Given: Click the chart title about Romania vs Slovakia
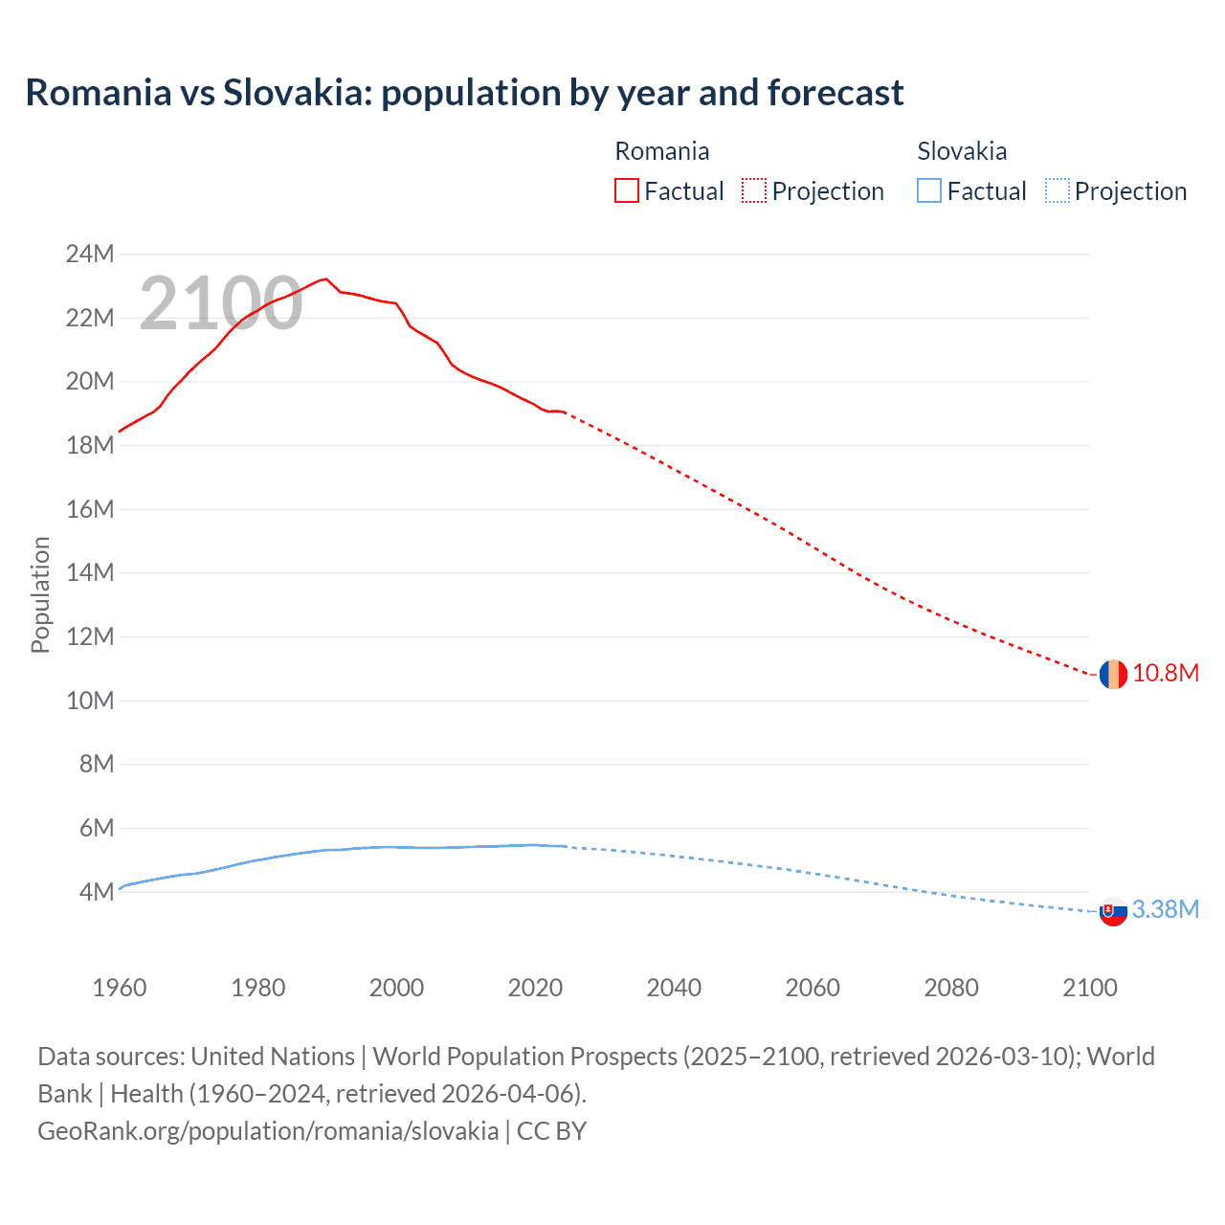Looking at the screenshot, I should [464, 93].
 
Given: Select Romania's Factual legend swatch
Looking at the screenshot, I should [626, 190].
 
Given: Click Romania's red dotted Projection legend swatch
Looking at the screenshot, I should [753, 190].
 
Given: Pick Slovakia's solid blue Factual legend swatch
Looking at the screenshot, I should [928, 190].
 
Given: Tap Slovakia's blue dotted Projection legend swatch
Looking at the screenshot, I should [1057, 190].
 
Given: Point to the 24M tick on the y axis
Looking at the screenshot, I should [90, 254].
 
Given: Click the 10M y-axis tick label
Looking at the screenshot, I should [90, 701].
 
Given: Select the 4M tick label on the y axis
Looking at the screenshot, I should [96, 892].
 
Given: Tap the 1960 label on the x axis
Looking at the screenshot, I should [120, 988].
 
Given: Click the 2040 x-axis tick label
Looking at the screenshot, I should [674, 988].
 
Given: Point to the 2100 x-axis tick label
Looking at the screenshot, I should [1089, 988].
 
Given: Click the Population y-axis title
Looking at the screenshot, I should [40, 594].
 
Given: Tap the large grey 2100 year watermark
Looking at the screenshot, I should [221, 303].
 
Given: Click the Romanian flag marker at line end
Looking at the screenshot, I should [1112, 674].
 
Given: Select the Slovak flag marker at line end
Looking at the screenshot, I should [1112, 912].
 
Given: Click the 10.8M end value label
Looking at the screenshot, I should [1165, 673].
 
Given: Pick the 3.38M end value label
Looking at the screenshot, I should [1165, 909].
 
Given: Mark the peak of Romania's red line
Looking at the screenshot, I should [326, 278].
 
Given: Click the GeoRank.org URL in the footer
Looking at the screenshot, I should [268, 1130].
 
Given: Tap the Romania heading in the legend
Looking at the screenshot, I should [661, 151].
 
